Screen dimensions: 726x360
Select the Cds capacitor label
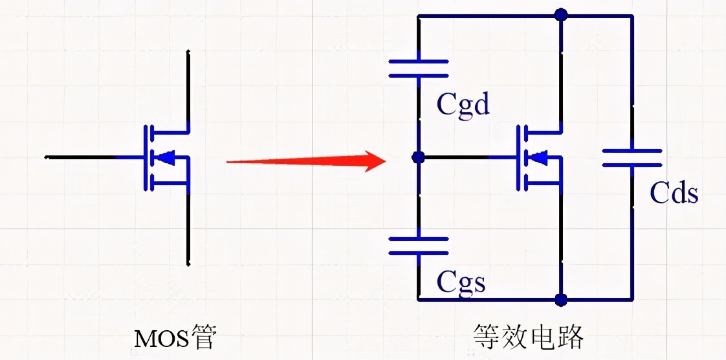(674, 193)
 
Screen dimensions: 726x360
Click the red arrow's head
(375, 161)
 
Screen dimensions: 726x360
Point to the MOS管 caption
(175, 339)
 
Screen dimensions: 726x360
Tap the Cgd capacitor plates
(418, 68)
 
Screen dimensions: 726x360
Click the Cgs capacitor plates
(418, 246)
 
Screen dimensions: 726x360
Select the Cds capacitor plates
(632, 157)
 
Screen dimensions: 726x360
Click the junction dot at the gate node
(418, 157)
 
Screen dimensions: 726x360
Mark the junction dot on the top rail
(561, 15)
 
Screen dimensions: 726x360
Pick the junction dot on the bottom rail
(561, 300)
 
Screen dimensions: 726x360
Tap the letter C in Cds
(657, 193)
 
